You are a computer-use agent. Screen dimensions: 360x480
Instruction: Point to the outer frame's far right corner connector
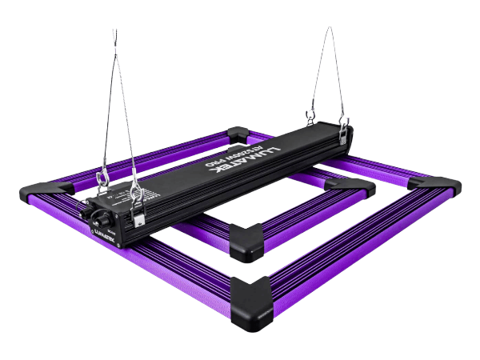434,186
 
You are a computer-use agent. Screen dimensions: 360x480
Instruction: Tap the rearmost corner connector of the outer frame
238,134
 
